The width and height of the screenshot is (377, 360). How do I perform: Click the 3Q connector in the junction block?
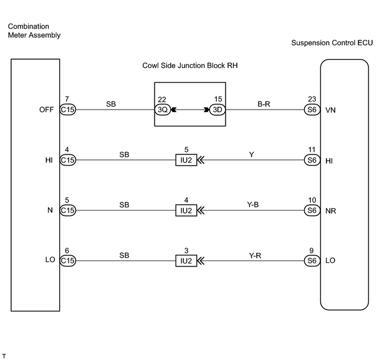(x=163, y=110)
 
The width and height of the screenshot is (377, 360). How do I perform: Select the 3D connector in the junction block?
(x=217, y=110)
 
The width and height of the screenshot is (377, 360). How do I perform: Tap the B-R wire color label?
(x=264, y=104)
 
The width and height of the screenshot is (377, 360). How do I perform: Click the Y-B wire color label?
(x=253, y=204)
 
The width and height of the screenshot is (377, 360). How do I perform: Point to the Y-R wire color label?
(x=255, y=255)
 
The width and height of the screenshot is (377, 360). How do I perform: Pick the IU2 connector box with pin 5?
(x=186, y=160)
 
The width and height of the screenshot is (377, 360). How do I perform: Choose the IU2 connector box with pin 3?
(x=186, y=261)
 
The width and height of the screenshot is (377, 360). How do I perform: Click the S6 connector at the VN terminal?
(x=312, y=110)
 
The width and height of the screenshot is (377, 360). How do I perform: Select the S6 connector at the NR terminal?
(x=312, y=211)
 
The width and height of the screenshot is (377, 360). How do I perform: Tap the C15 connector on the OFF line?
(x=67, y=110)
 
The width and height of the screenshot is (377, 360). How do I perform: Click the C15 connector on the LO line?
(x=67, y=261)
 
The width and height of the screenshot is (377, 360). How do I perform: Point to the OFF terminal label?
(x=46, y=110)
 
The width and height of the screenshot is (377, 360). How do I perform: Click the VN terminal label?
(x=330, y=110)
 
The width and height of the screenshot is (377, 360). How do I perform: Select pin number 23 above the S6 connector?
(x=312, y=99)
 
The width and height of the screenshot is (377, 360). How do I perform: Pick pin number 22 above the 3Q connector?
(x=162, y=100)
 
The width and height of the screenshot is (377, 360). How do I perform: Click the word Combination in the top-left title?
(x=29, y=26)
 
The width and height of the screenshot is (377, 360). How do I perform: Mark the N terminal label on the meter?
(x=50, y=211)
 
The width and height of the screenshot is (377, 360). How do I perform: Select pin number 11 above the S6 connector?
(x=312, y=149)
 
